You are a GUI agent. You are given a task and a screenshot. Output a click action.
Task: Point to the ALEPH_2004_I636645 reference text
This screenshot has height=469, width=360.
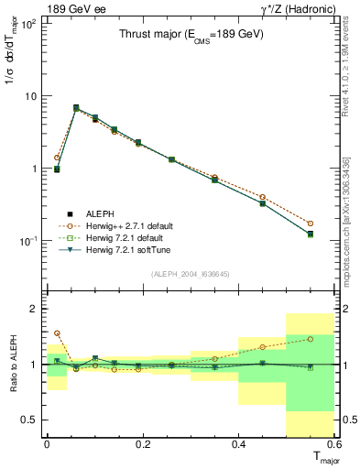pyautogui.click(x=191, y=273)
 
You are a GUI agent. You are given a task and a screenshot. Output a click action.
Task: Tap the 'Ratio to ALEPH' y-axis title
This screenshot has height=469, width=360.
pyautogui.click(x=13, y=364)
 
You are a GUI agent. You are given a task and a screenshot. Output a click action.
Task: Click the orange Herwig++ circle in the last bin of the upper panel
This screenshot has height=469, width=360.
pyautogui.click(x=311, y=224)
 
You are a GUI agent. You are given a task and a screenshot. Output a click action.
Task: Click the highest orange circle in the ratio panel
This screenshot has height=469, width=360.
pyautogui.click(x=57, y=333)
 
